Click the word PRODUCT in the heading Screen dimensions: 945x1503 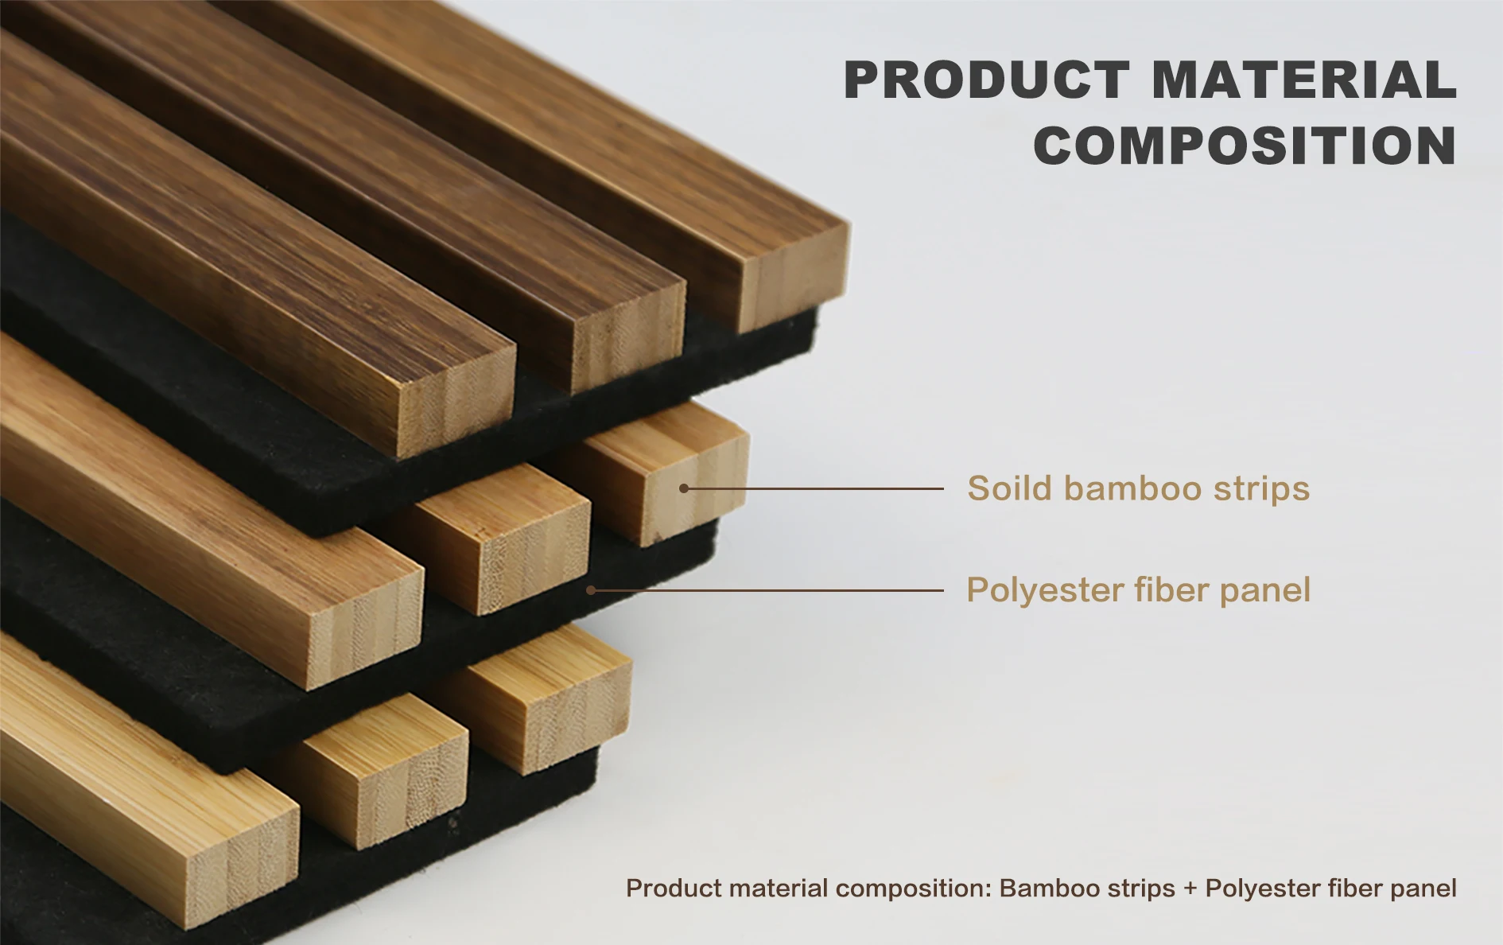point(986,80)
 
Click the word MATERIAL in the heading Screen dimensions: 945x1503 point(1304,80)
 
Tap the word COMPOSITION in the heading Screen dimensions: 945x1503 point(1245,146)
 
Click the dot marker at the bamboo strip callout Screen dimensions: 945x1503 point(684,488)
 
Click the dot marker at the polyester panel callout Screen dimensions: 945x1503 point(591,590)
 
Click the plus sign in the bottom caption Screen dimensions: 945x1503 point(1190,889)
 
